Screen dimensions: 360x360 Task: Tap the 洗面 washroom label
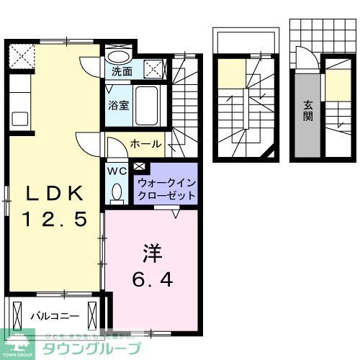click(121, 71)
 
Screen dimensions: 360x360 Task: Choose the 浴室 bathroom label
click(119, 105)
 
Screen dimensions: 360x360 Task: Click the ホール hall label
click(145, 144)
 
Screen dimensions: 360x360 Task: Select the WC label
click(116, 171)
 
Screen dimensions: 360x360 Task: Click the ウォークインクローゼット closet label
click(166, 189)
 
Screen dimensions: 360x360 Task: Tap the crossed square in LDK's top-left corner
click(22, 55)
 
